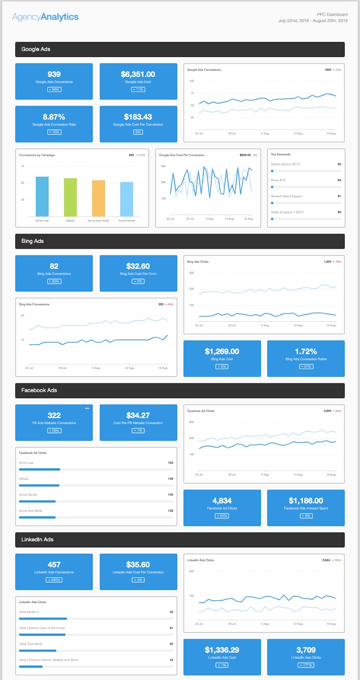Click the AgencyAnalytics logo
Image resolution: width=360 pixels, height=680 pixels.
coord(45,17)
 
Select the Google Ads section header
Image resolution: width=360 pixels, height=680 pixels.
coord(36,49)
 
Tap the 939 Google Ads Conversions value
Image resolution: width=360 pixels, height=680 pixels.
coord(54,74)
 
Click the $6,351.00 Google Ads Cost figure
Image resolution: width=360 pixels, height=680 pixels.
coord(138,74)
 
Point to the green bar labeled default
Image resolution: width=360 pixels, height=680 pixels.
coord(70,197)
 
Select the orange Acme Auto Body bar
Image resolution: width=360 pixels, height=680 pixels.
coord(99,198)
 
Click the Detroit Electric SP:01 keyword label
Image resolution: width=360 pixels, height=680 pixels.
coord(286,164)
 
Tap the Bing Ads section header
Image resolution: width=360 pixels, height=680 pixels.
coord(33,241)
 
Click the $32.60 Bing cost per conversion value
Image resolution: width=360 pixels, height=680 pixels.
coord(138,266)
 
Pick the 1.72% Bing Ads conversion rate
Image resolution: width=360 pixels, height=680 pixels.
coord(306,351)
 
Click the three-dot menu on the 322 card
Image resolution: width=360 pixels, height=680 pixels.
coord(87,408)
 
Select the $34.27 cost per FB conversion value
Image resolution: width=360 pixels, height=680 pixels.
coord(138,416)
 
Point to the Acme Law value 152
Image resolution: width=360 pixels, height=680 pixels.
coord(170,462)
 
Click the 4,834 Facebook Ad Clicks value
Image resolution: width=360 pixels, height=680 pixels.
coord(222,501)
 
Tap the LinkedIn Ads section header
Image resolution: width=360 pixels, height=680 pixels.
coord(37,539)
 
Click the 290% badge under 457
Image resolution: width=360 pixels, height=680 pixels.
coord(54,580)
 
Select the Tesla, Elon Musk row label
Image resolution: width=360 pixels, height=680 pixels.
coord(31,644)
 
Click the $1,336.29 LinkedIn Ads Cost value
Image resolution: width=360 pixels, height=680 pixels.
coord(222,650)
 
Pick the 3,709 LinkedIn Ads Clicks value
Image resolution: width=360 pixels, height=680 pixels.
coord(306,650)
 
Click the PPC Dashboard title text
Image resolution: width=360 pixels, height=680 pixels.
coord(332,14)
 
